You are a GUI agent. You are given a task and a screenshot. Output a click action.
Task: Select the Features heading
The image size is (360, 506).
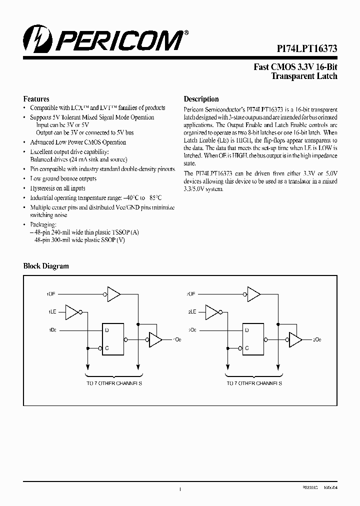tap(36, 99)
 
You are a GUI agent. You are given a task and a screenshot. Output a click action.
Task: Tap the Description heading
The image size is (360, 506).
tap(201, 99)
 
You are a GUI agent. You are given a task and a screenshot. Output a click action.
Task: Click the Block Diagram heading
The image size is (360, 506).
tap(46, 266)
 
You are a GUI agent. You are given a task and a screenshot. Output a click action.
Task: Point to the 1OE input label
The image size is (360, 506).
tap(52, 294)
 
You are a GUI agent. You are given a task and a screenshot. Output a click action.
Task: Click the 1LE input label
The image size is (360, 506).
tap(52, 312)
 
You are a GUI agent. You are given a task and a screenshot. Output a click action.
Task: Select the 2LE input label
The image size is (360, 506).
tap(192, 312)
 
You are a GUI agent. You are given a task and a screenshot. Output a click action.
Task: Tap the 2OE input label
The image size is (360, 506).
tap(192, 294)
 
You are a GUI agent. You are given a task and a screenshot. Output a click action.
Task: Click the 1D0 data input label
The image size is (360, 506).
tap(52, 330)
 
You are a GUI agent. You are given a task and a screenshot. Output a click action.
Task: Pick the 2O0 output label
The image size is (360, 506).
tap(317, 340)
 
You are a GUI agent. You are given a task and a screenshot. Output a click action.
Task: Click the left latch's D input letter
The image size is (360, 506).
tap(106, 330)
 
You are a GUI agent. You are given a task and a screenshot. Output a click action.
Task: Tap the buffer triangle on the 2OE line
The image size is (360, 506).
tap(253, 294)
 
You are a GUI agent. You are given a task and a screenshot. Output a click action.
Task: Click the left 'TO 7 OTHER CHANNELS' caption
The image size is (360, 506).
tap(114, 383)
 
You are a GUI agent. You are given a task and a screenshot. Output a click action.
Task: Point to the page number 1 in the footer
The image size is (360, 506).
tap(180, 490)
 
